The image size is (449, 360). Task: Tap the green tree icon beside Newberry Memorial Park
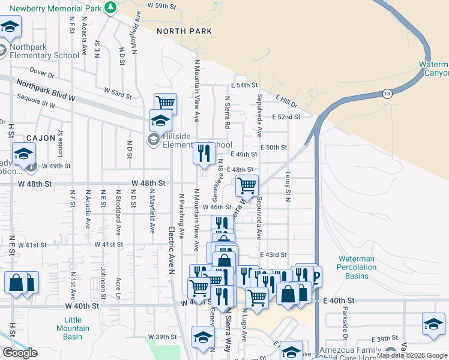[x=110, y=7]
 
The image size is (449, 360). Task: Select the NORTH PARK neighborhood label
[x=184, y=31]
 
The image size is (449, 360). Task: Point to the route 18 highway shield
[x=388, y=93]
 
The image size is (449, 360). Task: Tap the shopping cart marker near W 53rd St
[x=165, y=103]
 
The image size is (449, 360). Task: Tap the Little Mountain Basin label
[x=73, y=328]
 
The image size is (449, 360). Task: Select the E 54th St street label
[x=244, y=86]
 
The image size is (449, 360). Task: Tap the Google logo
[x=20, y=353]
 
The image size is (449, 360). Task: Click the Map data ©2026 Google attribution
[x=411, y=356]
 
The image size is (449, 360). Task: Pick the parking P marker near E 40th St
[x=313, y=277]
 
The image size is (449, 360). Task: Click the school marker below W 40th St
[x=203, y=337]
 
